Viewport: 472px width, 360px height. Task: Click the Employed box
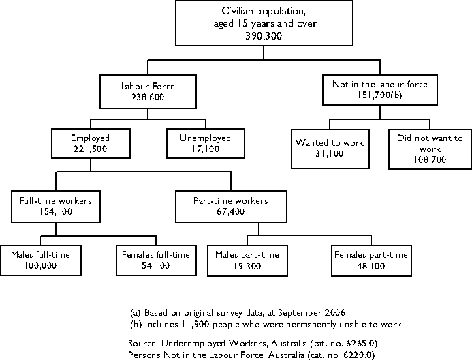point(90,143)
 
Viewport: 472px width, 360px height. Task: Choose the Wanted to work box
point(320,149)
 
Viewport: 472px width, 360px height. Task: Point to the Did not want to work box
point(430,148)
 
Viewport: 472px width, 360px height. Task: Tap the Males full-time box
point(40,260)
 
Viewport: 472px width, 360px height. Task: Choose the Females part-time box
point(371,260)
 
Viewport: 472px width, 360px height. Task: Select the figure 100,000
point(40,265)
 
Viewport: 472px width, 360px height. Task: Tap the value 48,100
point(371,265)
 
